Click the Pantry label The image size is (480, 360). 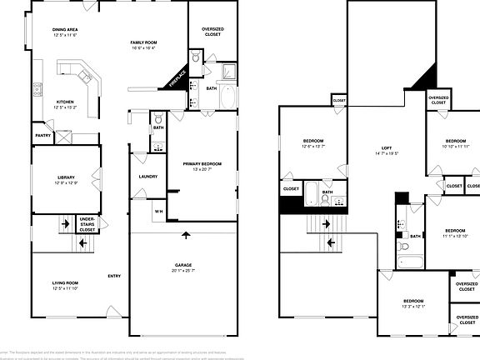(x=42, y=135)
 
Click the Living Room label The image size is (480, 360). (x=64, y=286)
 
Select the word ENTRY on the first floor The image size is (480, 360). (x=114, y=276)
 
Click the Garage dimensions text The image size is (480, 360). (x=182, y=270)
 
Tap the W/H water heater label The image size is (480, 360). (x=159, y=211)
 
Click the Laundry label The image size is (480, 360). (x=148, y=176)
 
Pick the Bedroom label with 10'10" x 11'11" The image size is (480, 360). (x=454, y=143)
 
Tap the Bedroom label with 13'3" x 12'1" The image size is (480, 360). (x=414, y=302)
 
